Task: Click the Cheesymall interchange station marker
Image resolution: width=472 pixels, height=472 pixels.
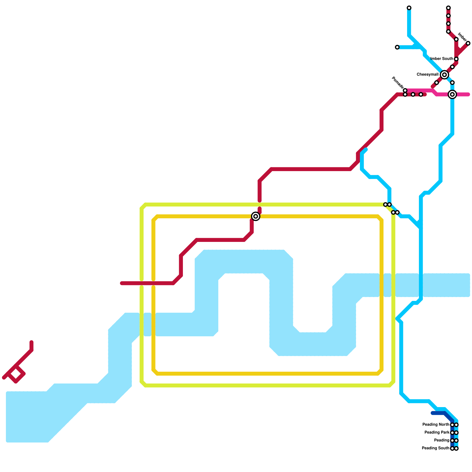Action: pos(444,75)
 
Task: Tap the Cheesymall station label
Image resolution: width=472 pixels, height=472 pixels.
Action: pos(427,75)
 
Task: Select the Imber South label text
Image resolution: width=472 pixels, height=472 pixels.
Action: pos(442,59)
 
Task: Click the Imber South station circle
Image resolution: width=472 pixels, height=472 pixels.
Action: pos(456,59)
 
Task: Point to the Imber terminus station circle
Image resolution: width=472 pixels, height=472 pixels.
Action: pos(468,43)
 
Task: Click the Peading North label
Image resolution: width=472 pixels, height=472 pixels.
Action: pos(435,425)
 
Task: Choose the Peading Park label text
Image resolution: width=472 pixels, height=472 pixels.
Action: pos(437,433)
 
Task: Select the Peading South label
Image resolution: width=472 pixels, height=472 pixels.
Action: pos(435,448)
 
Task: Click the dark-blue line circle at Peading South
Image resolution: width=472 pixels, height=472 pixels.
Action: pos(452,448)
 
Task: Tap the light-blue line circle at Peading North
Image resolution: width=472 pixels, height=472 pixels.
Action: pos(456,425)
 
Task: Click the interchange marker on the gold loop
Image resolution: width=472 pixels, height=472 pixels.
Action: pos(256,216)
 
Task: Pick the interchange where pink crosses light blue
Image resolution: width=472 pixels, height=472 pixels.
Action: pos(452,94)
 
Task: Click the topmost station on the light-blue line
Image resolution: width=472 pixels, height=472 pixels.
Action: pos(409,8)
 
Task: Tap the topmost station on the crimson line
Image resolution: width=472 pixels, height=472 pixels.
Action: pos(448,8)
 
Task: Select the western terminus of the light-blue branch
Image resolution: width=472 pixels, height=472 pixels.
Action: pos(397,47)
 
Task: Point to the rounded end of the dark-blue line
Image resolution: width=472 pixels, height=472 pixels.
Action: pos(433,413)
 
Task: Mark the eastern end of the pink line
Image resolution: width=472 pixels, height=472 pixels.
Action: pos(468,94)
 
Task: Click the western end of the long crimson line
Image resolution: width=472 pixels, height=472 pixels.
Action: pos(122,283)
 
